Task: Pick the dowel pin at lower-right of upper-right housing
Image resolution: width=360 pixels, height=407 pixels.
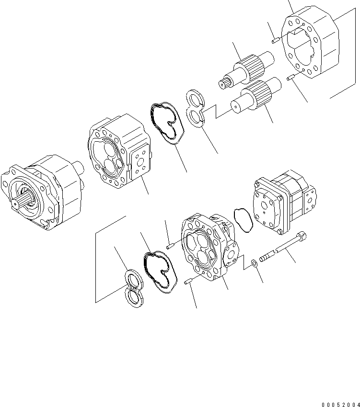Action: click(x=290, y=77)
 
